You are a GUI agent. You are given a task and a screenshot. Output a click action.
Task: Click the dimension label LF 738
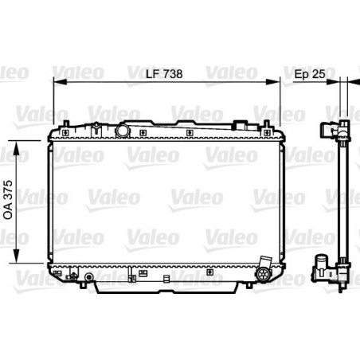click(164, 74)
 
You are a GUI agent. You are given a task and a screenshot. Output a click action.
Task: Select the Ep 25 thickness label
click(310, 74)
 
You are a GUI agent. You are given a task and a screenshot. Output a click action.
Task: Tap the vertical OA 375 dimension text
click(9, 199)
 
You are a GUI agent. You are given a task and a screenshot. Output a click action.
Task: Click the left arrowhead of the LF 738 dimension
click(60, 81)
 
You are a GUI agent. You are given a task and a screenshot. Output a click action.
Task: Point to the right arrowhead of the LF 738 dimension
click(273, 81)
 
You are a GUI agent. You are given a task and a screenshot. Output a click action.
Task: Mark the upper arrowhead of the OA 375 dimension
click(17, 147)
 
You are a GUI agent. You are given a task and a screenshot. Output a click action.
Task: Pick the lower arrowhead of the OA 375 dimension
click(17, 256)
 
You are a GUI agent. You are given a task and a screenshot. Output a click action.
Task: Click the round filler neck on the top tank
click(123, 131)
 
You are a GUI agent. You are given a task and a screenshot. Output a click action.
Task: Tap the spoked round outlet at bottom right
click(263, 274)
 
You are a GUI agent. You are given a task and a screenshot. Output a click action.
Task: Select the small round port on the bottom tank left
click(89, 277)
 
